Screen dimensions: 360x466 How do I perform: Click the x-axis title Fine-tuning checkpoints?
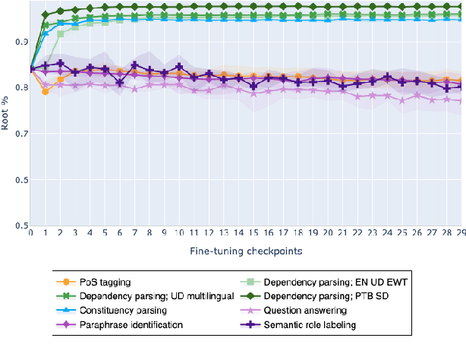click(247, 250)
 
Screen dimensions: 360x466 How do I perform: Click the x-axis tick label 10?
click(179, 235)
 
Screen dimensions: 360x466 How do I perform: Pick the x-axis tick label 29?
click(461, 235)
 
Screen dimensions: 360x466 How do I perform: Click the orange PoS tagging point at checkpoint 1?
click(46, 92)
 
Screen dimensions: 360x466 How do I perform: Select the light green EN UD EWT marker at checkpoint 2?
click(61, 33)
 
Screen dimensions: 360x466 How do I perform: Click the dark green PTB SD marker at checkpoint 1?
click(46, 14)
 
